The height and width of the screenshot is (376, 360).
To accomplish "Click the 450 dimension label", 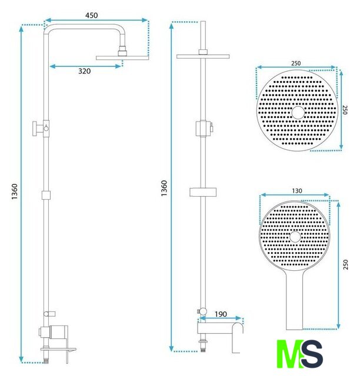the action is click(92, 15).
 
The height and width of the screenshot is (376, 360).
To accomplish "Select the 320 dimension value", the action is click(85, 71).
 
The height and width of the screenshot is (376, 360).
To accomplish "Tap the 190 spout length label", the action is click(221, 314).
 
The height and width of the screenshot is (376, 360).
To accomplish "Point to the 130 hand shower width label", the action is click(297, 191).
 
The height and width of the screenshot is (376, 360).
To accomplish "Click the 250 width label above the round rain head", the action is click(296, 63).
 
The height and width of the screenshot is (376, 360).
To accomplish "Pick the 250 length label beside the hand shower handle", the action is click(345, 264).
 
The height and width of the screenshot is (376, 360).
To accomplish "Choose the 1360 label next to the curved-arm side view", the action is click(15, 192).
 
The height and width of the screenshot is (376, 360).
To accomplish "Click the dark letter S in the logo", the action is click(312, 354).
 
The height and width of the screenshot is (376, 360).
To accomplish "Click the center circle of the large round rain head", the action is click(298, 112).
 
